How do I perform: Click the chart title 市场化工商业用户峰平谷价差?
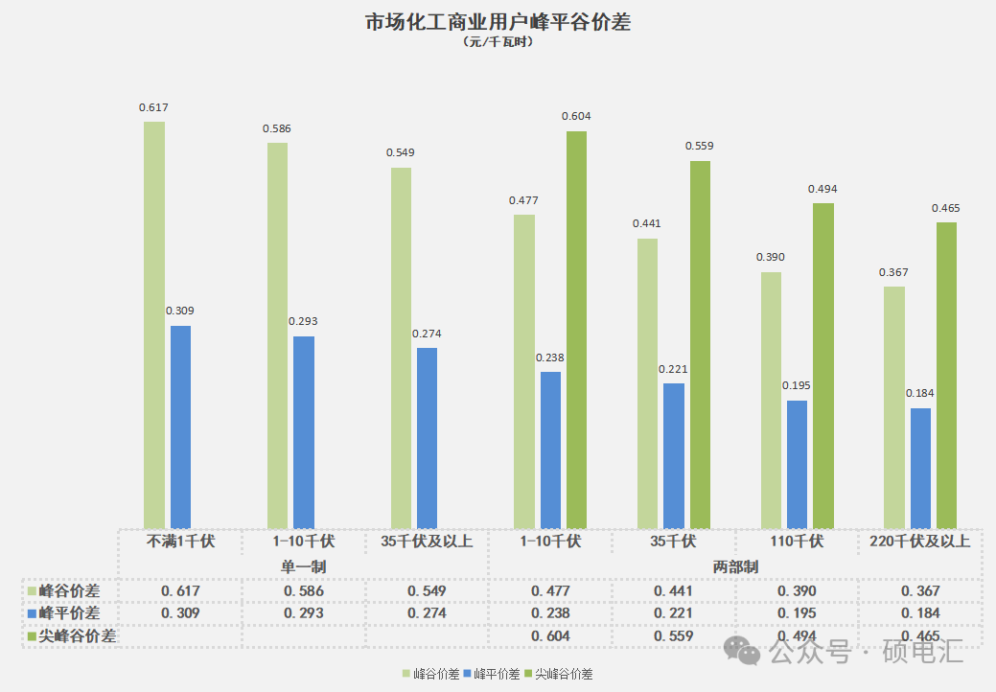(x=498, y=22)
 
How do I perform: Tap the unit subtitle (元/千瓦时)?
(x=498, y=42)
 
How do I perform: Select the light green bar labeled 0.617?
(x=154, y=326)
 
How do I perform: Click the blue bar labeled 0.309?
(x=180, y=427)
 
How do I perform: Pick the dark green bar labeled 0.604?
(x=576, y=330)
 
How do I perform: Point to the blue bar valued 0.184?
(x=920, y=469)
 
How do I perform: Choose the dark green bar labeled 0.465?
(x=946, y=376)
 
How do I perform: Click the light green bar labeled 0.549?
(x=401, y=348)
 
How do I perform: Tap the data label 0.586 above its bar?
(x=277, y=127)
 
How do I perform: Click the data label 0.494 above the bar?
(x=822, y=189)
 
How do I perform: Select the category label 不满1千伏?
(x=180, y=542)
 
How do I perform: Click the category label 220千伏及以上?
(x=920, y=542)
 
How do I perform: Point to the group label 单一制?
(x=303, y=566)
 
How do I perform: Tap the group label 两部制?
(x=735, y=566)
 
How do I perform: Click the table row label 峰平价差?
(x=69, y=613)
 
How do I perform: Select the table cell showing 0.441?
(x=673, y=591)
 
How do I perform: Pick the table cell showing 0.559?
(x=673, y=635)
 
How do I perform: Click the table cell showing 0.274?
(x=427, y=613)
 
